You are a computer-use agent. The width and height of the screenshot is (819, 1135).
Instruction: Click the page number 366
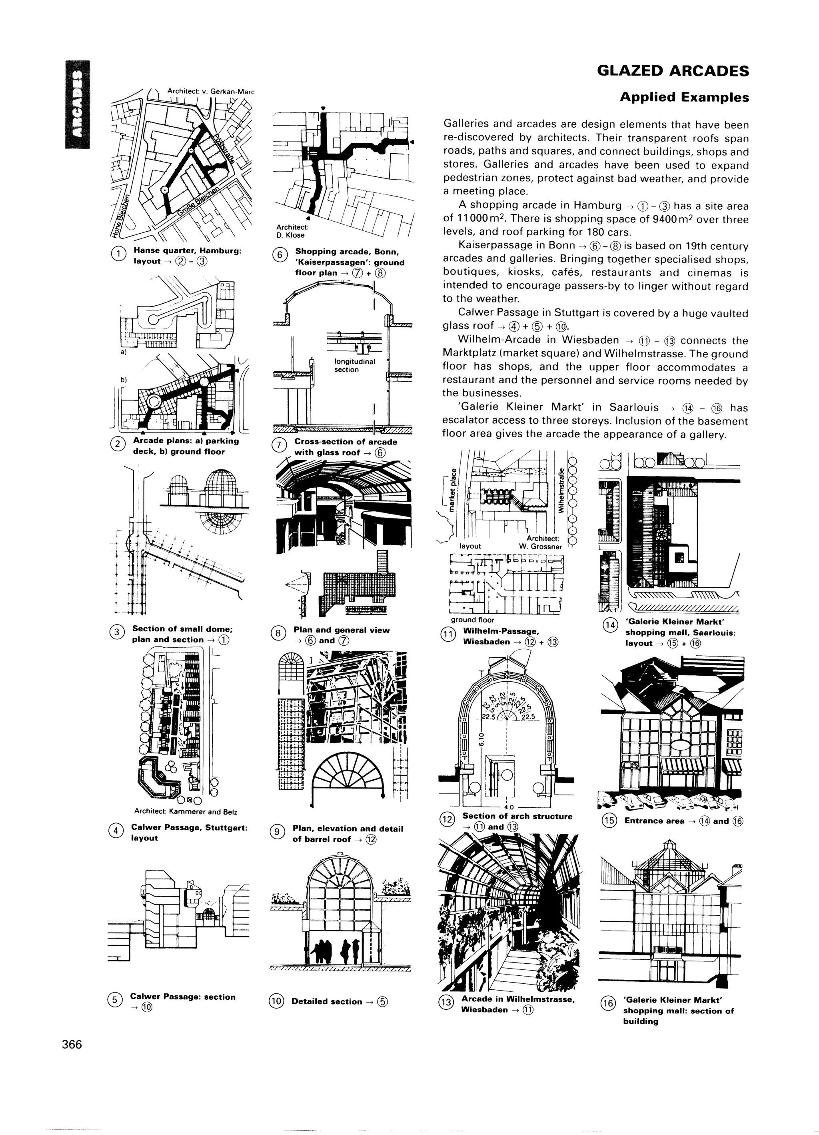click(x=72, y=1045)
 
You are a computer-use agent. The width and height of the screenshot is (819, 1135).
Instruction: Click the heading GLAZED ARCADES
click(x=673, y=71)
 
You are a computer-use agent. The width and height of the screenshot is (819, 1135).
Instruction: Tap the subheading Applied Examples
click(x=684, y=97)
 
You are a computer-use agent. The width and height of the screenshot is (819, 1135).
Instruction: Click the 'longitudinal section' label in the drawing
click(x=355, y=365)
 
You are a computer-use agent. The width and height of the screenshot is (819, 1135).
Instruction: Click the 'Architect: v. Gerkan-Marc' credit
click(x=211, y=91)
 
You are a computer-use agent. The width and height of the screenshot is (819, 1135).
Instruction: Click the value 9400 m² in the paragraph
click(x=662, y=219)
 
